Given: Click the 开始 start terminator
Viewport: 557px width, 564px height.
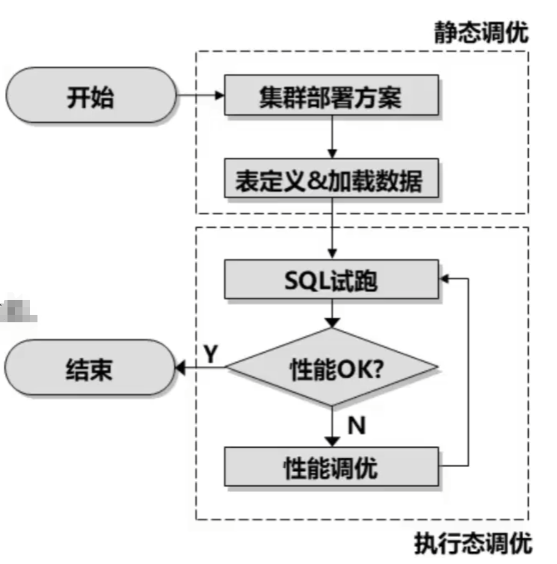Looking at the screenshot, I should (x=91, y=97).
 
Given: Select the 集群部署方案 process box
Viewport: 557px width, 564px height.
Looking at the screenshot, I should (x=330, y=97).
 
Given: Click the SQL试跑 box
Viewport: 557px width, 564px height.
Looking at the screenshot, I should (x=330, y=281).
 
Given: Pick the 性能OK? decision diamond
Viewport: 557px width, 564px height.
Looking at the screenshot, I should (x=332, y=369).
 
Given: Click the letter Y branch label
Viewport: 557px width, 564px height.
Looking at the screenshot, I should (x=211, y=354).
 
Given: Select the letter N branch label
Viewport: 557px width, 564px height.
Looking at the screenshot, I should (x=357, y=426).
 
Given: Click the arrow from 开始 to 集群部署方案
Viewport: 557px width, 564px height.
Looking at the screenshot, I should (x=200, y=96).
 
